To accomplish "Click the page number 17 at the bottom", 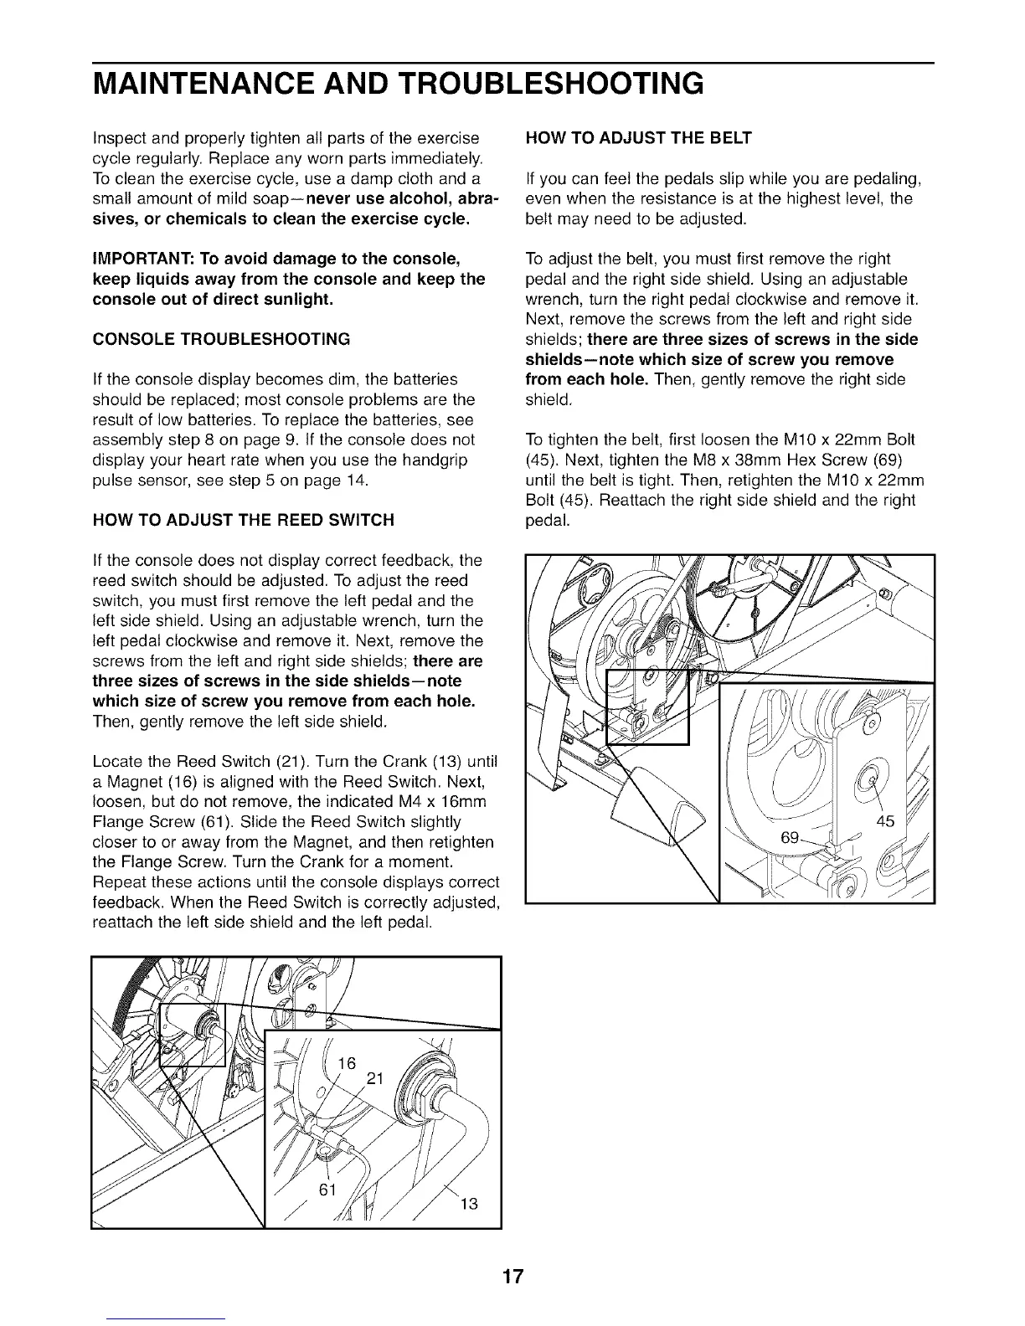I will click(512, 1277).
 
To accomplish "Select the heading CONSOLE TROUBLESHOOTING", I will click(221, 339).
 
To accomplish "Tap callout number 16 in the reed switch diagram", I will click(347, 1063).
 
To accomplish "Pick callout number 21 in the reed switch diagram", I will click(374, 1079).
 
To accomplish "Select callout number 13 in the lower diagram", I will click(469, 1205).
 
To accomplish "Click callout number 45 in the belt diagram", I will click(885, 821).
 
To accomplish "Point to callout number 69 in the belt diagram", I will click(791, 837).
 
